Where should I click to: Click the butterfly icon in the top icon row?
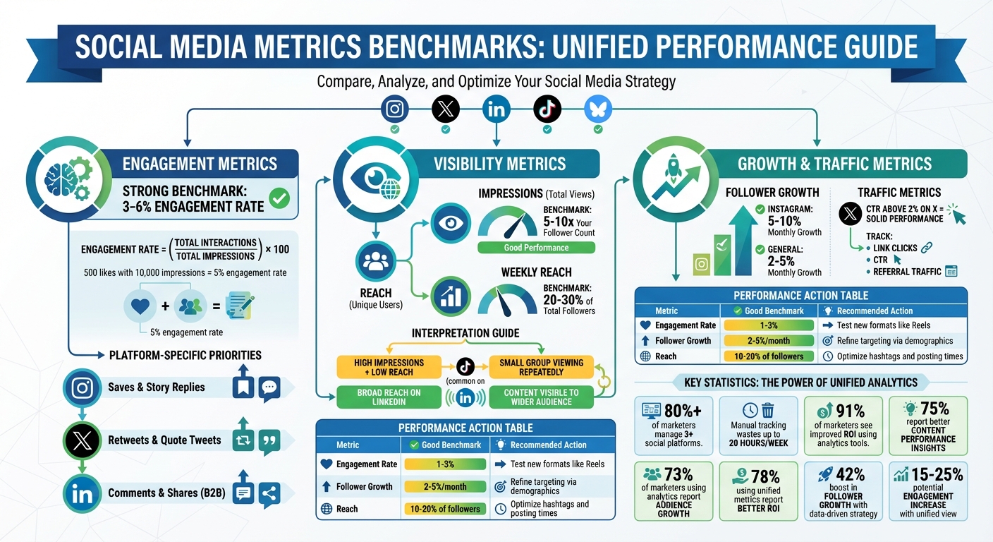point(598,109)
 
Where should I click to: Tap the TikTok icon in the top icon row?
point(547,109)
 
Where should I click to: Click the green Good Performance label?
point(536,248)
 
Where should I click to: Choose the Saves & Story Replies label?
point(157,387)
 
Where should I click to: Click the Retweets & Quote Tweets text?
point(164,440)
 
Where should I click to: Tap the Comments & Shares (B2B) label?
point(166,493)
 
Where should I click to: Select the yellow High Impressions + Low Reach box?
point(389,367)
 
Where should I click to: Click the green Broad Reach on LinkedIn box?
point(389,397)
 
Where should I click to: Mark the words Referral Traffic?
point(907,271)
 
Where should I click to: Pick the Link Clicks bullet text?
point(895,248)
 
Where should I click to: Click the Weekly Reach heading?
point(536,272)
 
